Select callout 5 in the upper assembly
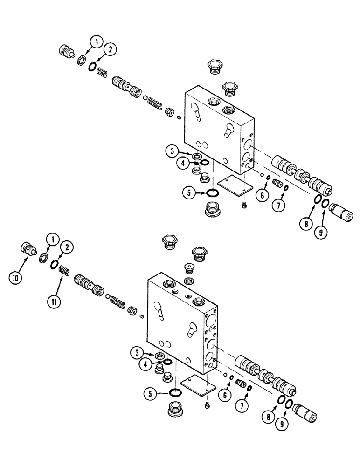pos(188,192)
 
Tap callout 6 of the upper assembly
pos(262,195)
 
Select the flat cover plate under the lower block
pos(198,385)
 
